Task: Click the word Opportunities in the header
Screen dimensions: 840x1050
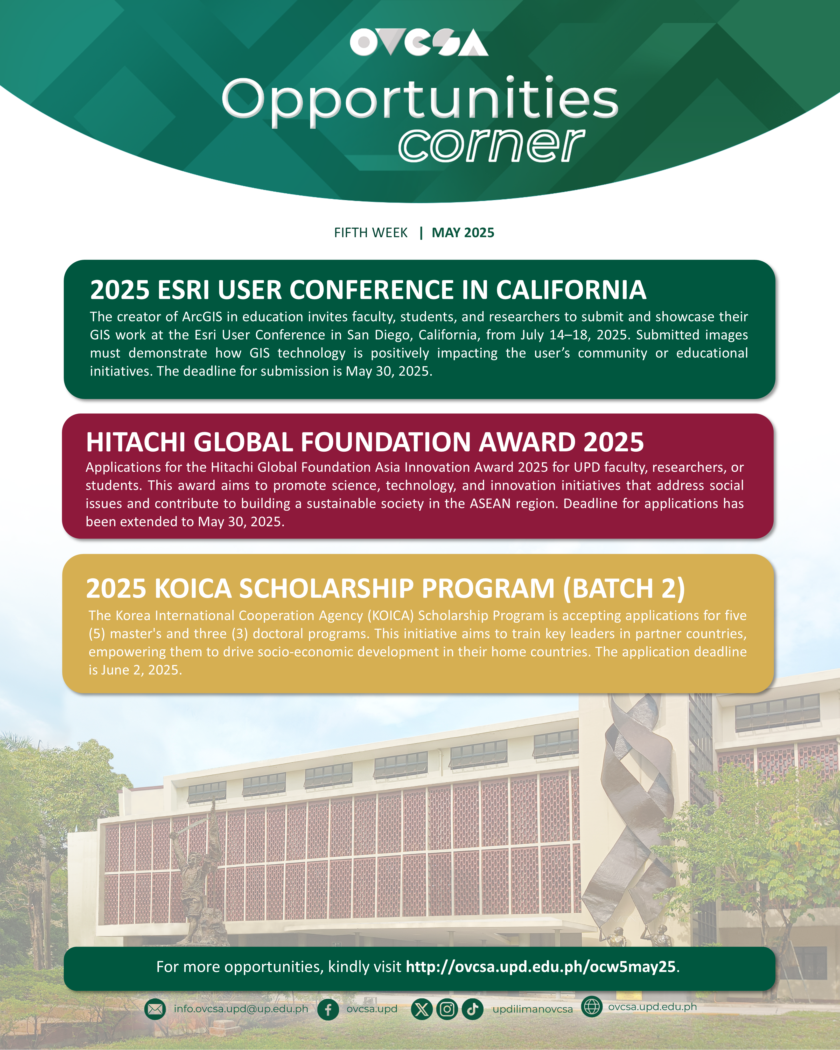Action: click(x=420, y=101)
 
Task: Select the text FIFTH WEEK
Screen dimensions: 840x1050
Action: click(x=370, y=233)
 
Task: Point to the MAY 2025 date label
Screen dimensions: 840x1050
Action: click(x=463, y=233)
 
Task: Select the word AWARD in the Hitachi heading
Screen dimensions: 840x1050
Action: click(x=527, y=442)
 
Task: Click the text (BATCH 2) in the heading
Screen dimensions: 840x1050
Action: click(x=624, y=589)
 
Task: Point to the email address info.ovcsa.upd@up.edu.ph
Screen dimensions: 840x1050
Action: click(x=241, y=1009)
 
